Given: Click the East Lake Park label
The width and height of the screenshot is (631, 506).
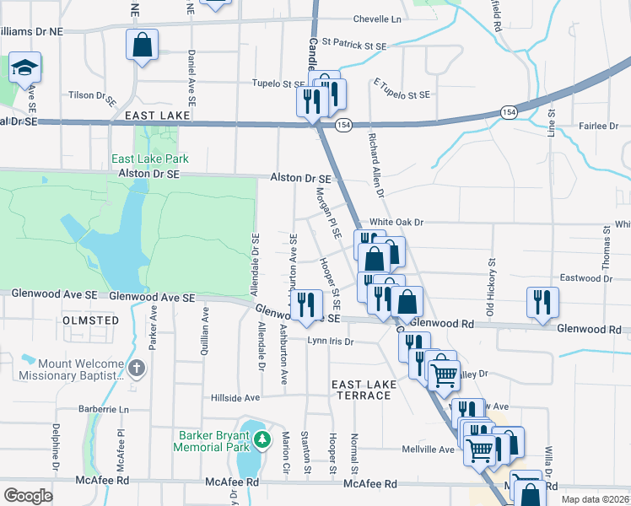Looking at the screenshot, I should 151,159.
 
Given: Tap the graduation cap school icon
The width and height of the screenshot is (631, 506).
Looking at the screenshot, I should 25,67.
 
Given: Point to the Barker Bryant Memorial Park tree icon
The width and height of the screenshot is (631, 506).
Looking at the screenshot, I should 263,439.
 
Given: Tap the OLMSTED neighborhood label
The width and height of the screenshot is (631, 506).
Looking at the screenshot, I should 91,320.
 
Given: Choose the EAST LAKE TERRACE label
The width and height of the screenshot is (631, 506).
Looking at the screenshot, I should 364,390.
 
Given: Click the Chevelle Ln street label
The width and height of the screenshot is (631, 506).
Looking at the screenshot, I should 377,18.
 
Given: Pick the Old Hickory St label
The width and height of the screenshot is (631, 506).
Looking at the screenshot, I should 492,272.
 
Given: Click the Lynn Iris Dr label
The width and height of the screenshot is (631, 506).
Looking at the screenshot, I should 330,342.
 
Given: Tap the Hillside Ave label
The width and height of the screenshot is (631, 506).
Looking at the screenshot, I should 235,397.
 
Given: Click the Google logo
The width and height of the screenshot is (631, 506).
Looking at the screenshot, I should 28,496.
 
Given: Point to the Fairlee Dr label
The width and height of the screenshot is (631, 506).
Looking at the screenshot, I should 599,126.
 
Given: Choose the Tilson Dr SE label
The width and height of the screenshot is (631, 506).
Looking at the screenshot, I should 93,96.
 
